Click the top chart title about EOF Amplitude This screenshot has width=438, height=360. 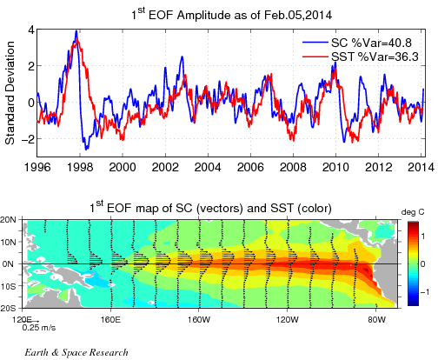pos(231,15)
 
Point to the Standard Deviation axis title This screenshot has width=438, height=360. pos(10,93)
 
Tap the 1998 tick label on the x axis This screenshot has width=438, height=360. pos(80,167)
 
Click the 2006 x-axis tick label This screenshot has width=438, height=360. pos(250,167)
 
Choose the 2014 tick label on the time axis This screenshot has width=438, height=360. pos(421,167)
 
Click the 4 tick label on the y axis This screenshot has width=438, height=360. pos(31,30)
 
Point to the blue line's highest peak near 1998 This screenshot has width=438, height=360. pos(76,30)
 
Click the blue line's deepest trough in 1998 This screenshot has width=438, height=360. pos(86,150)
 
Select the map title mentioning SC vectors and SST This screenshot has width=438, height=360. pos(210,207)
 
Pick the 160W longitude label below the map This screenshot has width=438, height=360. pos(198,320)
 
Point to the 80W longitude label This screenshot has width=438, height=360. pos(375,320)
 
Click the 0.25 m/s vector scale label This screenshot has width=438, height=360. pos(39,328)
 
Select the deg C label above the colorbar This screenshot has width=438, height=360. pos(413,212)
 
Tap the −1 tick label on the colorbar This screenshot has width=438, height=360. pos(425,292)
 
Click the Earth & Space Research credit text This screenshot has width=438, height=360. pos(76,352)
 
